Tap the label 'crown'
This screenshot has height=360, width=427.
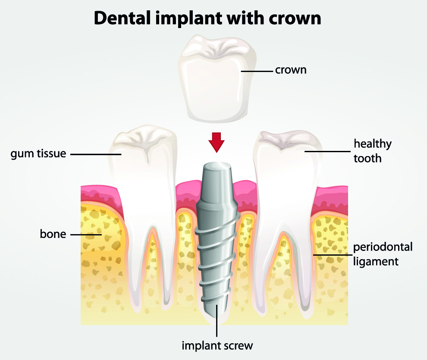[x=291, y=70]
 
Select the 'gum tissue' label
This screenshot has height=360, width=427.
[x=38, y=154]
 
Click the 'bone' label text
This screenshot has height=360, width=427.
[x=53, y=234]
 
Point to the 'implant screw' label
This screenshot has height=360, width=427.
[x=217, y=346]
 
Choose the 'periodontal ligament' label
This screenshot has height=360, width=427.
[x=383, y=254]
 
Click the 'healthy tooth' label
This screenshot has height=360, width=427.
[x=372, y=151]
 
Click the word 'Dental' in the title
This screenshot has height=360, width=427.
[x=122, y=18]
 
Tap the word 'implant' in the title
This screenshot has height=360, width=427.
[x=189, y=19]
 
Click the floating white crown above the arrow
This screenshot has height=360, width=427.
[x=217, y=79]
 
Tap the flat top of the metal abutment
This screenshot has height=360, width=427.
[x=217, y=166]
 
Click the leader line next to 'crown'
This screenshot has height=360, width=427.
[x=257, y=71]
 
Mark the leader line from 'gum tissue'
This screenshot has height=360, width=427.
[x=96, y=154]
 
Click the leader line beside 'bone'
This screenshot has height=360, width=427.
[x=86, y=234]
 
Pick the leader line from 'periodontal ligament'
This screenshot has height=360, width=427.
[x=333, y=255]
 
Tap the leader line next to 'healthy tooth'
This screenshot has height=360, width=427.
[x=327, y=151]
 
